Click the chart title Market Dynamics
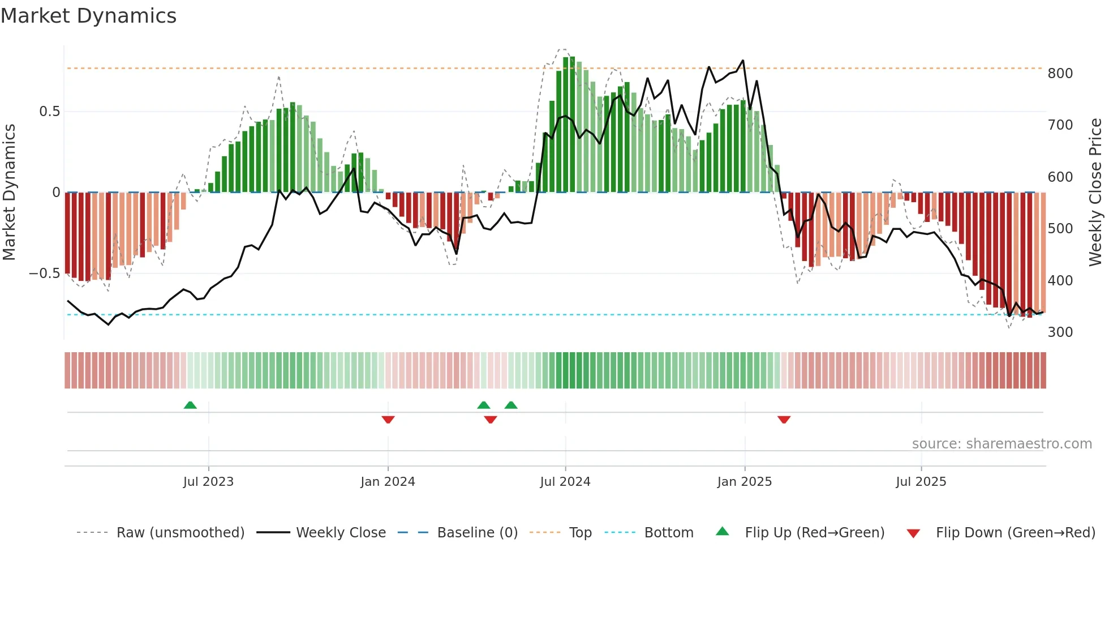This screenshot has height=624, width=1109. point(88,16)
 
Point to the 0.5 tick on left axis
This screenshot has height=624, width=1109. point(49,112)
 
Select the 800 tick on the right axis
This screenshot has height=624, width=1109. point(1060,74)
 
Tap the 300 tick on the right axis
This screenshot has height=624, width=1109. point(1060,332)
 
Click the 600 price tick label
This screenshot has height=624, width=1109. point(1060,177)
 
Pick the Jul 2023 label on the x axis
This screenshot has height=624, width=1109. point(208,482)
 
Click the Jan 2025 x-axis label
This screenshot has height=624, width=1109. point(744,482)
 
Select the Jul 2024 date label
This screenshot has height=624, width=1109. point(565,482)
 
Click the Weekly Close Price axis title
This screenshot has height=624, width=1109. point(1095,193)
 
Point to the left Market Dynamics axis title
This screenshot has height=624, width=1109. point(9,193)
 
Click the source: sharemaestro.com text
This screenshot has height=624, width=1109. point(1001,444)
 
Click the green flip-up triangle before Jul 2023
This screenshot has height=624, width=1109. point(190,405)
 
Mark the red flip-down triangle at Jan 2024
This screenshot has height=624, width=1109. point(388,420)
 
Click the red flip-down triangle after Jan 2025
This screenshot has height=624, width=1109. point(784,420)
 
